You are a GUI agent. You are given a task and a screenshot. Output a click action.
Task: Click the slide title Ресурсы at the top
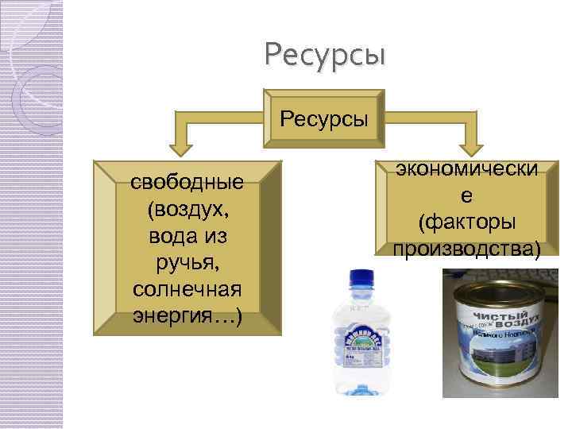(x=325, y=55)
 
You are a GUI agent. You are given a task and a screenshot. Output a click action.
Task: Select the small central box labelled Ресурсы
(x=324, y=121)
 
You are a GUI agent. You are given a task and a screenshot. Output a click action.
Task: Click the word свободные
(x=187, y=184)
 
